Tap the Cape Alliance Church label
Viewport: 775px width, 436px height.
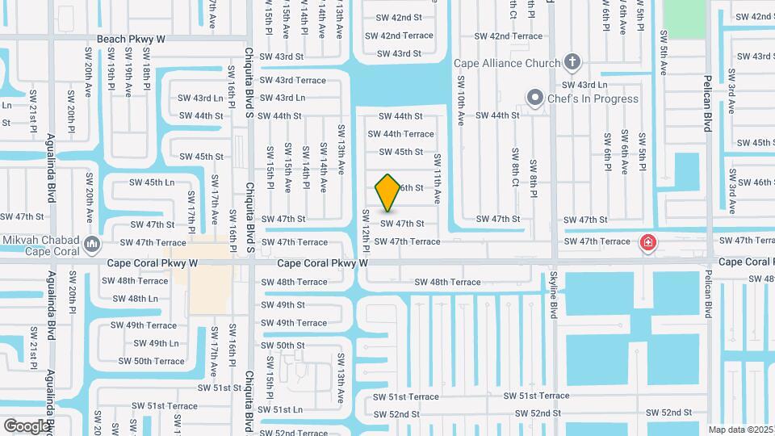point(506,63)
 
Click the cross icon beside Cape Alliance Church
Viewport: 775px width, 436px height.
point(572,61)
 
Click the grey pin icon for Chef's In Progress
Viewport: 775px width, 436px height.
point(534,99)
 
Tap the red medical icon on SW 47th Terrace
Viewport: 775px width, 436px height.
point(647,242)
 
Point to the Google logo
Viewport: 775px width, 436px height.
point(26,426)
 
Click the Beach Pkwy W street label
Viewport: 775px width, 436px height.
point(131,39)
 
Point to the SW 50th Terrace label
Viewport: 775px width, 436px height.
point(148,361)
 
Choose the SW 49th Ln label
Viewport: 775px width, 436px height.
point(151,343)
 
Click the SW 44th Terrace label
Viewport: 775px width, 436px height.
point(408,134)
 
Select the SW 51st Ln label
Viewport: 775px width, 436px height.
point(282,409)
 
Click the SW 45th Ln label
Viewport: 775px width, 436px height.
point(152,182)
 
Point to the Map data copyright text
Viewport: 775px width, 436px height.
point(741,430)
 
